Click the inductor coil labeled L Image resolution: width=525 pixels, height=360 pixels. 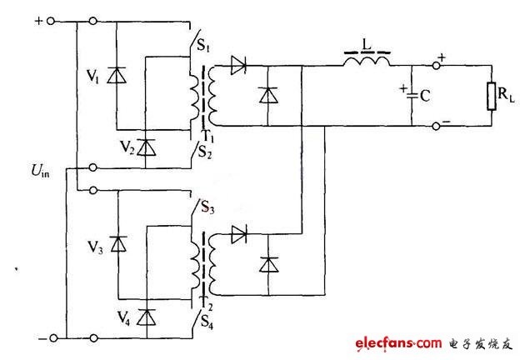coord(367,62)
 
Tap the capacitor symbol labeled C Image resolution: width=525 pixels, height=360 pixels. coord(412,96)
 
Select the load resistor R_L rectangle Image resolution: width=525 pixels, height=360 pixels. coord(491,97)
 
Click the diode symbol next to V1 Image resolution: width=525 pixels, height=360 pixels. coord(117,75)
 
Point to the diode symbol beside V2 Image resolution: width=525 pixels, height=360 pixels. coord(146,147)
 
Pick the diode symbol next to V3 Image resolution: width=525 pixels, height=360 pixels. coord(118,244)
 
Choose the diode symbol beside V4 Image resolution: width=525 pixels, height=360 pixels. coord(147,317)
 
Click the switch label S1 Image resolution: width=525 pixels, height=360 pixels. coord(203,45)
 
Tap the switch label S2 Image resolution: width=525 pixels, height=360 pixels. coord(205,152)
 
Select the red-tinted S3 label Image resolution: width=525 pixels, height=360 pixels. coord(207,207)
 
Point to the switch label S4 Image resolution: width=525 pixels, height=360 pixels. coord(207,322)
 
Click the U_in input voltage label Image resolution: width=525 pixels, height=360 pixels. coord(40,171)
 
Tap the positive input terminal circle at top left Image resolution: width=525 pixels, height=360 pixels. coord(51,22)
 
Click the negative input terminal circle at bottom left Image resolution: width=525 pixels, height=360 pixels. coord(53,338)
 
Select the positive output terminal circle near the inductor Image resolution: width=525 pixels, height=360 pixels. coord(436,66)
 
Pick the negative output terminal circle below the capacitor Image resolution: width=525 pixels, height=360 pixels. coord(436,127)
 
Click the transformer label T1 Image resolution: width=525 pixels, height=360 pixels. coord(208,137)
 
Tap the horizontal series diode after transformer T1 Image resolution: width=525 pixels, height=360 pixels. coord(238,65)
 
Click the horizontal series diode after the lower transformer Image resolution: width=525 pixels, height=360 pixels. coord(239,234)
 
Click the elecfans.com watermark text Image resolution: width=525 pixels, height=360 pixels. coord(399,344)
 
